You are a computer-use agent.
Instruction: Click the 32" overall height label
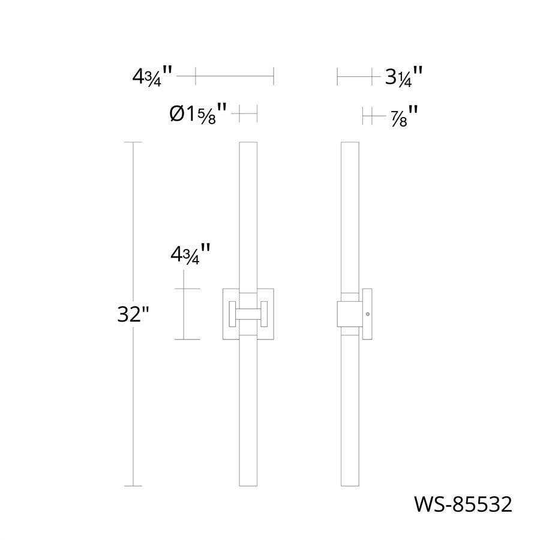click(x=134, y=314)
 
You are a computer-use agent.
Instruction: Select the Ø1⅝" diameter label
click(x=199, y=113)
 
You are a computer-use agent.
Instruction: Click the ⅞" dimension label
click(x=403, y=115)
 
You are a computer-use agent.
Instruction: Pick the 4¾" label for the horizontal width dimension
click(x=153, y=77)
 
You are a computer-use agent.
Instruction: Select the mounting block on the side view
click(x=349, y=313)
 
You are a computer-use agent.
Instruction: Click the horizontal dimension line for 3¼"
click(x=358, y=77)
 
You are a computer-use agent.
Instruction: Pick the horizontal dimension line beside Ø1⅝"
click(x=248, y=113)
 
